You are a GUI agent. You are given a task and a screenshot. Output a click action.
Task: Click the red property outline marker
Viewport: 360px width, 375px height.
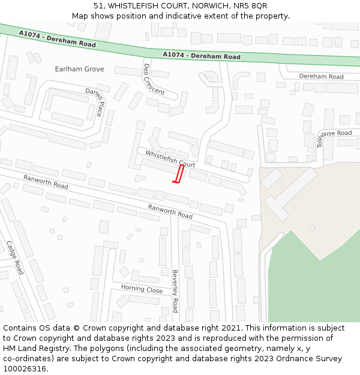click(x=178, y=174)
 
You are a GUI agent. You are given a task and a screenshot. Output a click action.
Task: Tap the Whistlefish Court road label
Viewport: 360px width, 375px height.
click(x=170, y=159)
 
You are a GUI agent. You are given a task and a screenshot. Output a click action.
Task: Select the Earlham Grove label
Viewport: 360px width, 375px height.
click(x=79, y=69)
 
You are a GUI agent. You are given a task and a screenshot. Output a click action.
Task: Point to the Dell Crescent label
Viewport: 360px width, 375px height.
click(x=154, y=80)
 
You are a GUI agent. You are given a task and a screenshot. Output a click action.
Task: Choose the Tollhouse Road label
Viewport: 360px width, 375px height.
click(x=334, y=137)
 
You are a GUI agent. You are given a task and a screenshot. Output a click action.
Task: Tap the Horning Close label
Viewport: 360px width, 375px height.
click(x=142, y=289)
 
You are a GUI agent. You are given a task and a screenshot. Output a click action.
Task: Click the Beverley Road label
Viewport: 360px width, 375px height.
click(x=175, y=291)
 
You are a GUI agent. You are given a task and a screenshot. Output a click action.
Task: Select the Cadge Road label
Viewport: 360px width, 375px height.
click(x=14, y=257)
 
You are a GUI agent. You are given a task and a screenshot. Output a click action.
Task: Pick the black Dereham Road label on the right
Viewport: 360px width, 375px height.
click(x=321, y=77)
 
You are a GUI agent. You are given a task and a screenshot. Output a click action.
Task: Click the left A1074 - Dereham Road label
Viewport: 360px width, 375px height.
click(x=57, y=40)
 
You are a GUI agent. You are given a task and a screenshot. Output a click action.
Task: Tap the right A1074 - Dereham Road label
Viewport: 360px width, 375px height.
click(x=201, y=56)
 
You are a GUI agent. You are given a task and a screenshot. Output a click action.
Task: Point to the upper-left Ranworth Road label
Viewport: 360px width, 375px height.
click(x=46, y=182)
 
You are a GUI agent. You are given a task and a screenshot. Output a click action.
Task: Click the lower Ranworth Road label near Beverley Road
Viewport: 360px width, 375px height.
click(x=170, y=211)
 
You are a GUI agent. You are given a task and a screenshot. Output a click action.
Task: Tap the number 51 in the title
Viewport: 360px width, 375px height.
click(x=98, y=5)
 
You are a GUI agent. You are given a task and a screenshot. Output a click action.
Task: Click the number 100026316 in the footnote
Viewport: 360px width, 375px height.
click(x=25, y=368)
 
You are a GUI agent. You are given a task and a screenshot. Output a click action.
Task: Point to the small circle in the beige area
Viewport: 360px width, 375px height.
click(x=312, y=228)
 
